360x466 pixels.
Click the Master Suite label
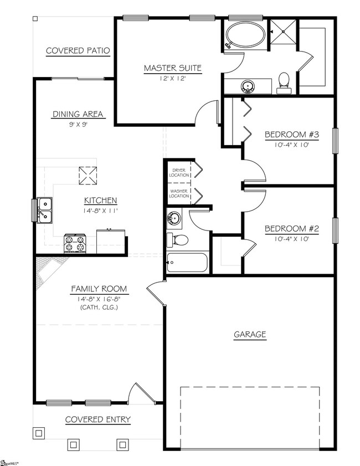coord(173,69)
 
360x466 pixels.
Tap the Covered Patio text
coord(78,51)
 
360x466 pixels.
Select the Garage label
coord(249,334)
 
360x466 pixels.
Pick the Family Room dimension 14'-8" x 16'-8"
coord(99,299)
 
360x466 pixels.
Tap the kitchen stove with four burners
coord(75,243)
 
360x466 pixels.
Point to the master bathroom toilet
coord(284,80)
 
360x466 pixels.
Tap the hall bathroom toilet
coord(178,240)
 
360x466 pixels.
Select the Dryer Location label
coord(178,173)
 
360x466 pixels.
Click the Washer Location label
coord(178,193)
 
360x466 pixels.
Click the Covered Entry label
coord(98,419)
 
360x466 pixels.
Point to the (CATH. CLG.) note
coord(99,308)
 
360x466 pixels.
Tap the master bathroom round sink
coord(248,86)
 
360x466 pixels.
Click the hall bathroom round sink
coord(174,219)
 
